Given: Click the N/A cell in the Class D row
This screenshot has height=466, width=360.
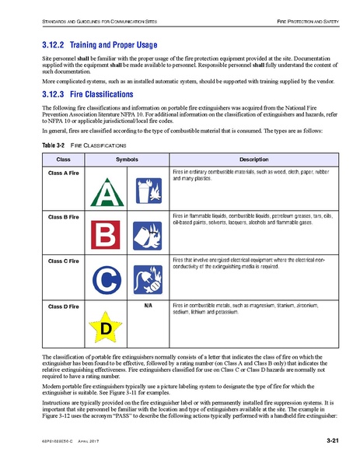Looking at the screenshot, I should (148, 307).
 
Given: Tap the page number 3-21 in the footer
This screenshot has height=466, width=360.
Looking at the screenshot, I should (332, 442).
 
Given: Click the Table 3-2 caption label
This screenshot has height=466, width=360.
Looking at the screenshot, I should (53, 145).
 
